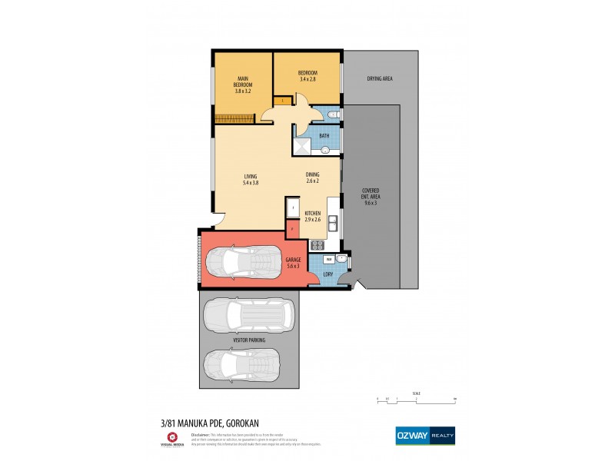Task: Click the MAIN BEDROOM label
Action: click(242, 85)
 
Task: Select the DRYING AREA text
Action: click(381, 78)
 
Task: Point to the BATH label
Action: click(324, 136)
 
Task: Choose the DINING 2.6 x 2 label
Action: click(311, 177)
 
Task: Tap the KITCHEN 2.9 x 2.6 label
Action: click(312, 216)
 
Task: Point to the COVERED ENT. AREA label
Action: click(371, 197)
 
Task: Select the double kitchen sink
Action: click(334, 223)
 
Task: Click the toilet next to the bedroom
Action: click(331, 115)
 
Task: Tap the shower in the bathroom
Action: click(304, 147)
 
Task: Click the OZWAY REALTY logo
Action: click(424, 435)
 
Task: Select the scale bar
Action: click(417, 398)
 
